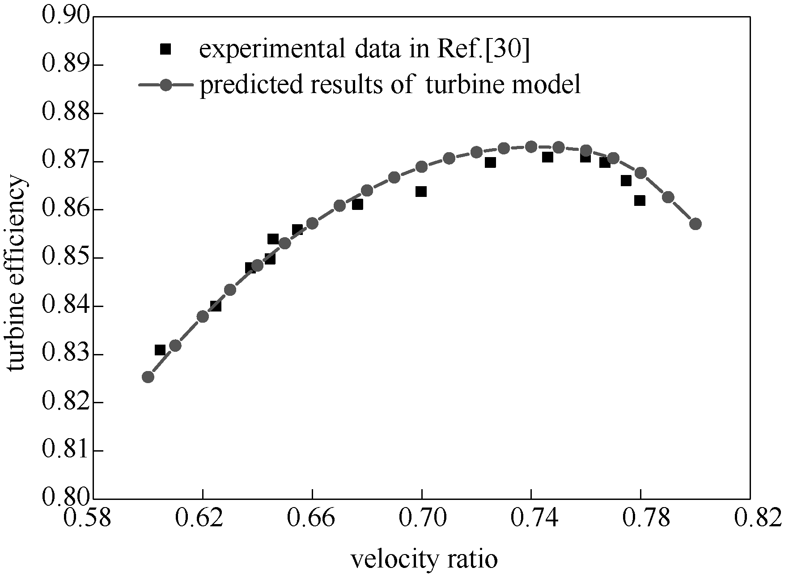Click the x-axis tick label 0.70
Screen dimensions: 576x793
click(x=421, y=519)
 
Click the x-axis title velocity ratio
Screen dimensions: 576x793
click(x=424, y=559)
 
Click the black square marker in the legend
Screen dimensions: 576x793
click(x=165, y=49)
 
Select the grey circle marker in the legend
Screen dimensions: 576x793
click(x=165, y=85)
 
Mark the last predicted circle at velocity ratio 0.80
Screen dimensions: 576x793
click(x=695, y=224)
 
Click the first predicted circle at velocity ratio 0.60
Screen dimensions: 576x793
click(x=148, y=377)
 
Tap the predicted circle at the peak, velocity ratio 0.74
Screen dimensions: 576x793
click(x=531, y=146)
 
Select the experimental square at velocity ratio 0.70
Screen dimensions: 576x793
click(x=421, y=192)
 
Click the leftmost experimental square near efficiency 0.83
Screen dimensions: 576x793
click(x=160, y=350)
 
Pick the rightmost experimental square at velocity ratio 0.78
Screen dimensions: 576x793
click(x=640, y=201)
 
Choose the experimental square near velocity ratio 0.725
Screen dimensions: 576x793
click(x=490, y=162)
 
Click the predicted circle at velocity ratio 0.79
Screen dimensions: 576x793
click(x=668, y=197)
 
